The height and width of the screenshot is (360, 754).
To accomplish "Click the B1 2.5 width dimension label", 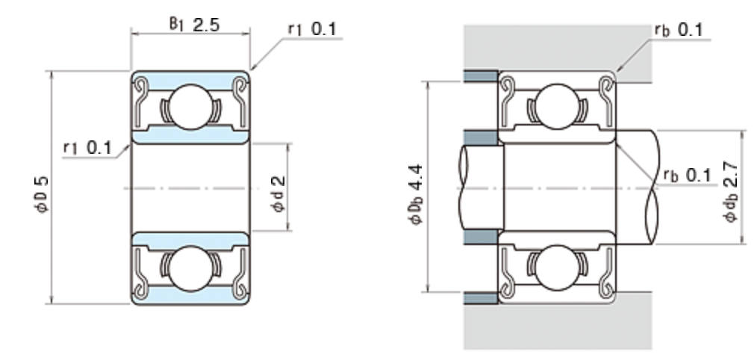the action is click(194, 24).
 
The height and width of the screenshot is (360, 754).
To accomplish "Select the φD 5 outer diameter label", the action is click(42, 194).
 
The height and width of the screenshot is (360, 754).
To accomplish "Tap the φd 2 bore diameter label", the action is click(278, 194).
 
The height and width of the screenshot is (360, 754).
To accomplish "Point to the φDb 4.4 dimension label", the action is click(416, 194).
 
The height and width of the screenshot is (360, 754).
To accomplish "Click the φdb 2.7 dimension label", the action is click(730, 191).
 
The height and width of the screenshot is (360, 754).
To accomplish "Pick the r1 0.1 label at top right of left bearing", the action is click(312, 29).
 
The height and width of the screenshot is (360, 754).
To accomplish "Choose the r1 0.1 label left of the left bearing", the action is click(87, 148).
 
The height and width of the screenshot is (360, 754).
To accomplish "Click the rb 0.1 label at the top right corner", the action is click(679, 29).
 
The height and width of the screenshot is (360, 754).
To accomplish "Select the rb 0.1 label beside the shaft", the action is click(687, 176).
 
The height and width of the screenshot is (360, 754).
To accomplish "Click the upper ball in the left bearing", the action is click(191, 107).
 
